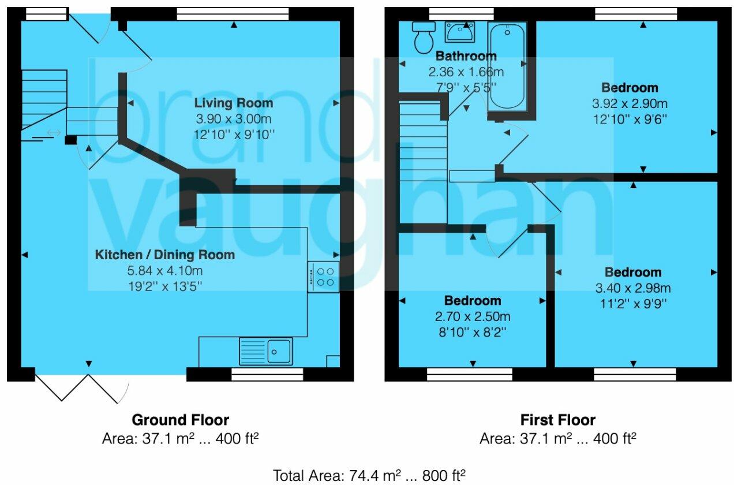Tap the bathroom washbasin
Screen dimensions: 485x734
459,32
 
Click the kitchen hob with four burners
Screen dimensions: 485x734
323,277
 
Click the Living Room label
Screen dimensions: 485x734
233,103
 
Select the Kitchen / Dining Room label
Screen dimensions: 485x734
165,255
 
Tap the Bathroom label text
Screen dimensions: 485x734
466,56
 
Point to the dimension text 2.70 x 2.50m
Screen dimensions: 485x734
473,317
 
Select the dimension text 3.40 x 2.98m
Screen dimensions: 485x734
633,288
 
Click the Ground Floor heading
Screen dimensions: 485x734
180,420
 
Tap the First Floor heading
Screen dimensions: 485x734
557,420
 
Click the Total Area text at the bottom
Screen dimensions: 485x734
369,475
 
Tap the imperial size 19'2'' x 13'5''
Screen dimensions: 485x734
165,285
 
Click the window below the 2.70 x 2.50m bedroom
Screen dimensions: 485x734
469,375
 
